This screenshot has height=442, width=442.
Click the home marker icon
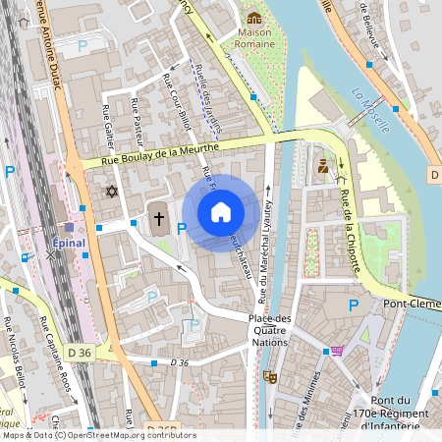click(221, 211)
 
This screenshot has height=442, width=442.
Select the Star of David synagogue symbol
click(111, 191)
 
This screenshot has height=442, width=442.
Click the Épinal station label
click(69, 242)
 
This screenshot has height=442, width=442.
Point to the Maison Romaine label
click(253, 38)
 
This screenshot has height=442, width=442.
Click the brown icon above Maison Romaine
click(253, 18)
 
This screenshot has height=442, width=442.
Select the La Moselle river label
click(371, 110)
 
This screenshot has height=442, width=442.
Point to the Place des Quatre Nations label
click(270, 331)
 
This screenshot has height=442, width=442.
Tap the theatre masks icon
click(270, 376)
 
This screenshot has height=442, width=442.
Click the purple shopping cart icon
click(338, 351)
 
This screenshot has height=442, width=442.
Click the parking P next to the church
click(181, 229)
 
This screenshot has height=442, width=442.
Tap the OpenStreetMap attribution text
click(98, 435)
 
